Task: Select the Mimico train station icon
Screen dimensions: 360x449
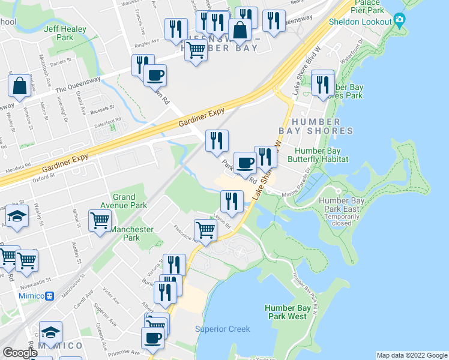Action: click(50, 295)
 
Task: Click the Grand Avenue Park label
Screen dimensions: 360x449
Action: click(130, 201)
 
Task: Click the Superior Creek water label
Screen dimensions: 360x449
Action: click(222, 329)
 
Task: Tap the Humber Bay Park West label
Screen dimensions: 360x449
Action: click(288, 312)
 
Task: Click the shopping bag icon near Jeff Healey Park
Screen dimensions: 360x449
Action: click(19, 86)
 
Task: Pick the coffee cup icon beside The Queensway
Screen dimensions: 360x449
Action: click(155, 76)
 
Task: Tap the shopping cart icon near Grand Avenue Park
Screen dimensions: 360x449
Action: click(100, 220)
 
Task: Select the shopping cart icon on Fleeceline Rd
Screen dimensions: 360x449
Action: click(205, 230)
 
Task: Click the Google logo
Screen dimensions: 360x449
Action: click(20, 353)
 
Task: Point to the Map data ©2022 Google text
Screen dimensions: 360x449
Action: click(412, 355)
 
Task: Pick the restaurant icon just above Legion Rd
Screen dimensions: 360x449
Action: click(231, 201)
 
